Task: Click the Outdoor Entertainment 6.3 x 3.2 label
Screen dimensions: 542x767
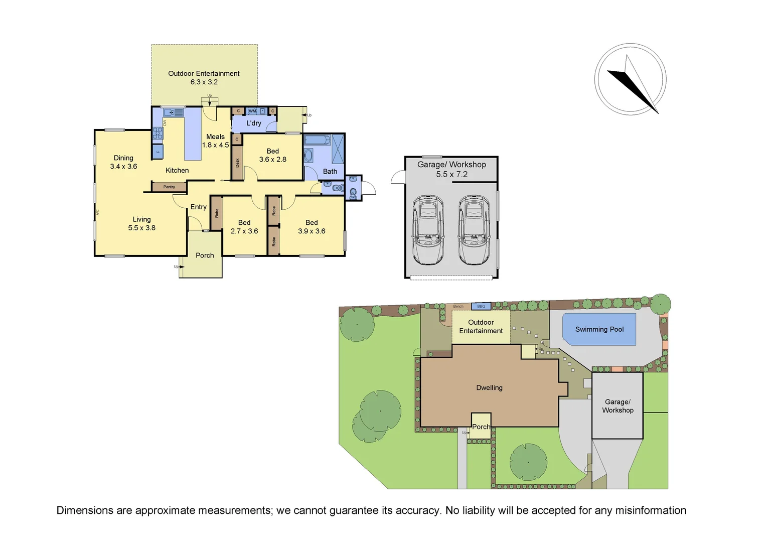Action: tap(204, 78)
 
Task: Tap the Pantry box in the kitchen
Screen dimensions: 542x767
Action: tap(169, 187)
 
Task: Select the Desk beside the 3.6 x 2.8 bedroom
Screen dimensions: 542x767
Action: tap(237, 163)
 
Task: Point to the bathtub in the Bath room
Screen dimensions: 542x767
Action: tap(317, 140)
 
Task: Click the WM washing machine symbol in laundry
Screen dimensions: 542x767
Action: tap(252, 111)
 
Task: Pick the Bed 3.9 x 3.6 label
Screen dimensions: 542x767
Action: tap(312, 227)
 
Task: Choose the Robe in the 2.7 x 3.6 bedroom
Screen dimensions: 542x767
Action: tap(216, 213)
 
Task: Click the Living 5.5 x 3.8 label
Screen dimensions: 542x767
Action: tap(141, 223)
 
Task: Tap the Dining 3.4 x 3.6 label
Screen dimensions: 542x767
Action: tap(123, 162)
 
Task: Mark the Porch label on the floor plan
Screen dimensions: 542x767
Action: tap(205, 255)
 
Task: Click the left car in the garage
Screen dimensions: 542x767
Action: tap(427, 230)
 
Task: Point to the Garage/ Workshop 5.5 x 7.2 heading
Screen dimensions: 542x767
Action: tap(451, 169)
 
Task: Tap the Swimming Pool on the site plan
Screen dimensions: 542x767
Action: tap(599, 329)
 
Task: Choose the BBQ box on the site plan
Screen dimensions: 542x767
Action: tap(481, 306)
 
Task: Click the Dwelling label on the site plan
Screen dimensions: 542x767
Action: tap(489, 387)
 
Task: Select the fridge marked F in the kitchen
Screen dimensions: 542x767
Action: tap(158, 151)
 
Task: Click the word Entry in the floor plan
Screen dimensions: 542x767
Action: tap(198, 207)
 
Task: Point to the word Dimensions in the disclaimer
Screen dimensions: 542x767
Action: tap(85, 510)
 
